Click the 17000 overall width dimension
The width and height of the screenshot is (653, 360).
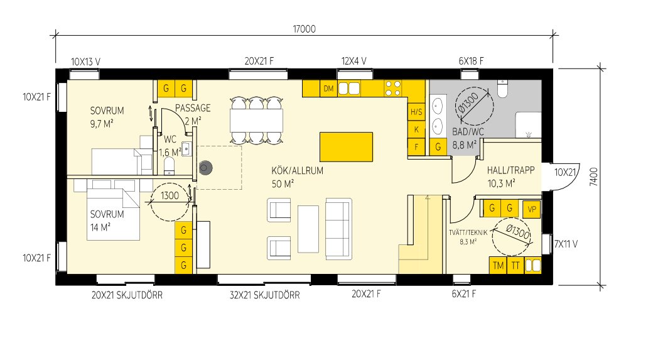pos(304,29)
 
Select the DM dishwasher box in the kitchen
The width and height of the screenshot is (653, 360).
pos(328,89)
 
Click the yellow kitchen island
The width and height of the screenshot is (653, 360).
pos(346,147)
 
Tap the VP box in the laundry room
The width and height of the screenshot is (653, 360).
pos(531,209)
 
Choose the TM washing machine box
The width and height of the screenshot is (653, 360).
pos(499,265)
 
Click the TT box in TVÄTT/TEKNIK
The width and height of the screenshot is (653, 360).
pos(515,265)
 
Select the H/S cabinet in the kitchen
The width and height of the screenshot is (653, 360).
pos(416,113)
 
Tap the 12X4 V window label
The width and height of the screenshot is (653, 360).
pos(353,61)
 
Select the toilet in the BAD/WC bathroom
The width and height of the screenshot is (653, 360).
pos(503,91)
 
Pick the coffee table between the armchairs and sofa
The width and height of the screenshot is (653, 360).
pos(308,227)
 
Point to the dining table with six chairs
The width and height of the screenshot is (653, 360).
pos(256,119)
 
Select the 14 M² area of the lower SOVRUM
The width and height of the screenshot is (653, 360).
pos(100,226)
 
